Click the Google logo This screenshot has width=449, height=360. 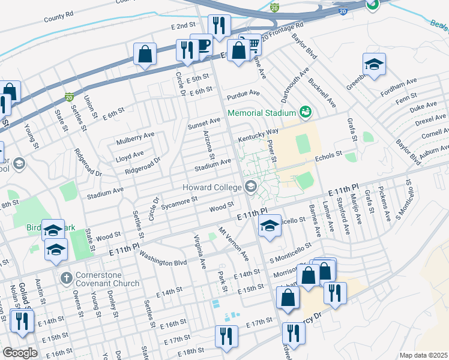(20, 352)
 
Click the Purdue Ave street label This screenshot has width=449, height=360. (243, 94)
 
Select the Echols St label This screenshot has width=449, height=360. (328, 154)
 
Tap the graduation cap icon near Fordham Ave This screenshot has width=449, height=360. (374, 64)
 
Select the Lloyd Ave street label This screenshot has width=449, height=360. (129, 154)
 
